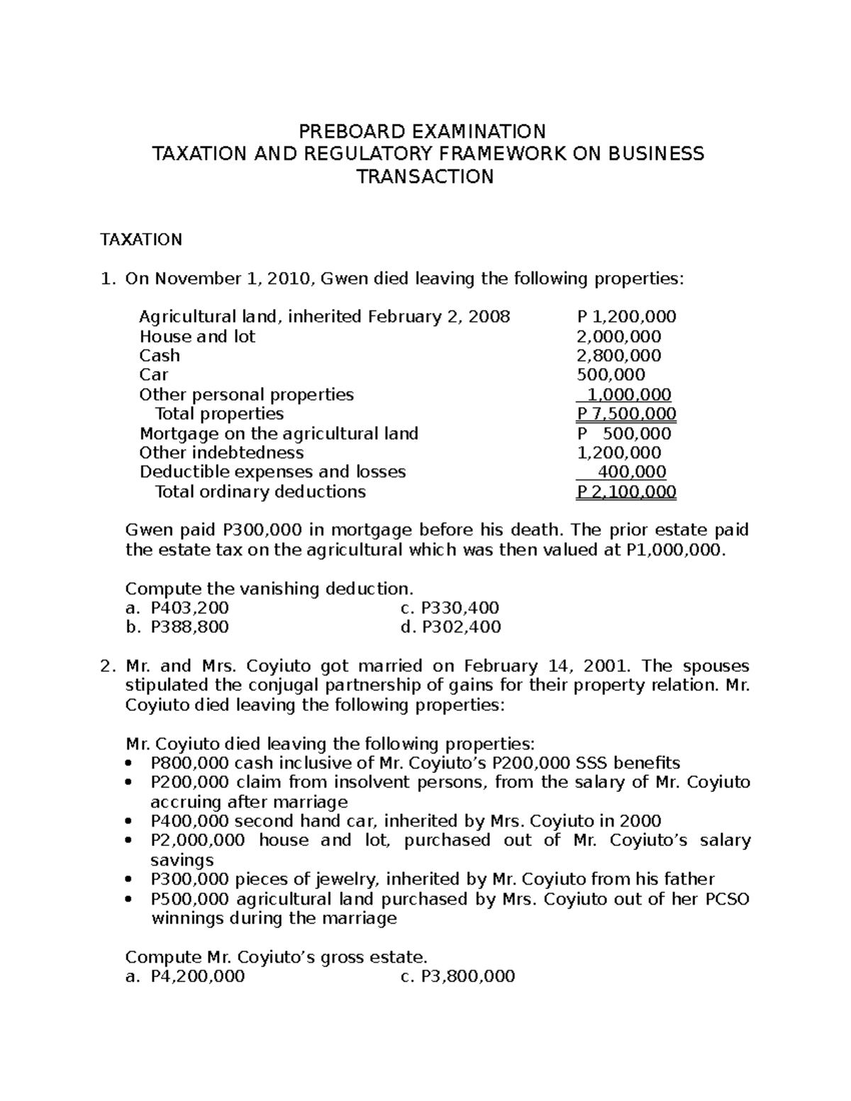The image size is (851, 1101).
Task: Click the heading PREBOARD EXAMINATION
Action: [x=423, y=131]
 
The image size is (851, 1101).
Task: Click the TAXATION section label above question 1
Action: [x=140, y=240]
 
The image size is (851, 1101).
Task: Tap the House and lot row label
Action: [x=196, y=336]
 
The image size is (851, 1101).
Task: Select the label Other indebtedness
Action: [x=221, y=452]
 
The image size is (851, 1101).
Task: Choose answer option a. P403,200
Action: [x=177, y=608]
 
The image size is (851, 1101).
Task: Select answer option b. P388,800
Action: [x=177, y=627]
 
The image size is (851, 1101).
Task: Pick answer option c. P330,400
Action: [x=450, y=608]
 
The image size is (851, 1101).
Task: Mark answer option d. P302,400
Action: [x=450, y=627]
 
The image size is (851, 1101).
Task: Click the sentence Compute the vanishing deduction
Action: [x=269, y=588]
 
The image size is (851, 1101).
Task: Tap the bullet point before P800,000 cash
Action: [x=128, y=764]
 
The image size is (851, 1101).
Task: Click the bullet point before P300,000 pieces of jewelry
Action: [x=128, y=880]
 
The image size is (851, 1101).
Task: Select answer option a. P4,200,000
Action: [x=185, y=976]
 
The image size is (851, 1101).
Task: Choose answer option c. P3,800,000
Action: [x=457, y=976]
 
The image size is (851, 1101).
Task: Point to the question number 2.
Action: [x=106, y=666]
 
